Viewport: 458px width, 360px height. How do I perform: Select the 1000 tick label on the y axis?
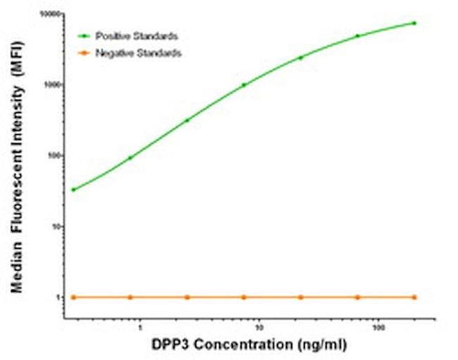pos(51,85)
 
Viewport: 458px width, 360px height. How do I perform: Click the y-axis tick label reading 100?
pos(54,156)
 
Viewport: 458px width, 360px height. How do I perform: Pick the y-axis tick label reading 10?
pos(56,226)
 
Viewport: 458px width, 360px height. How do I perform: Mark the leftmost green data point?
pos(73,190)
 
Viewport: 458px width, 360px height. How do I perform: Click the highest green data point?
pos(414,23)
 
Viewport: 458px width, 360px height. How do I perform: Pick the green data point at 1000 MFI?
pos(244,85)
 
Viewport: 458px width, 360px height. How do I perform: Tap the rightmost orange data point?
pos(414,297)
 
